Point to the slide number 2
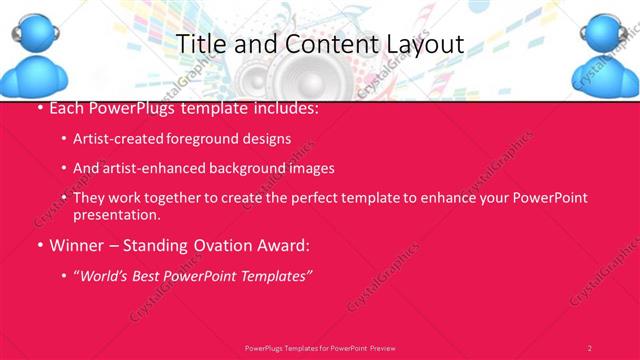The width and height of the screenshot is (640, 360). tap(589, 348)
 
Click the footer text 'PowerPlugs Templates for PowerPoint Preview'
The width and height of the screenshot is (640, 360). tap(320, 348)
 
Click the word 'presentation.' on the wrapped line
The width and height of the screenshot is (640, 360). tap(117, 214)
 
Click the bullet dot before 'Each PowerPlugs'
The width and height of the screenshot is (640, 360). tap(39, 108)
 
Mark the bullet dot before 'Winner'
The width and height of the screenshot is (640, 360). tap(39, 244)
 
